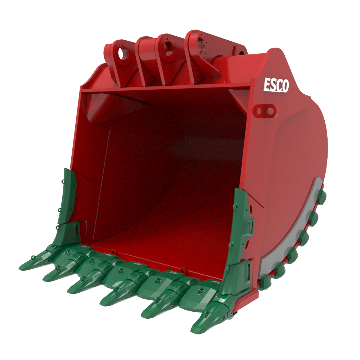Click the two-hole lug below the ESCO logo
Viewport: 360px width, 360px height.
point(266,110)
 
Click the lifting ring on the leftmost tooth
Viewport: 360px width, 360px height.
point(33,257)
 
